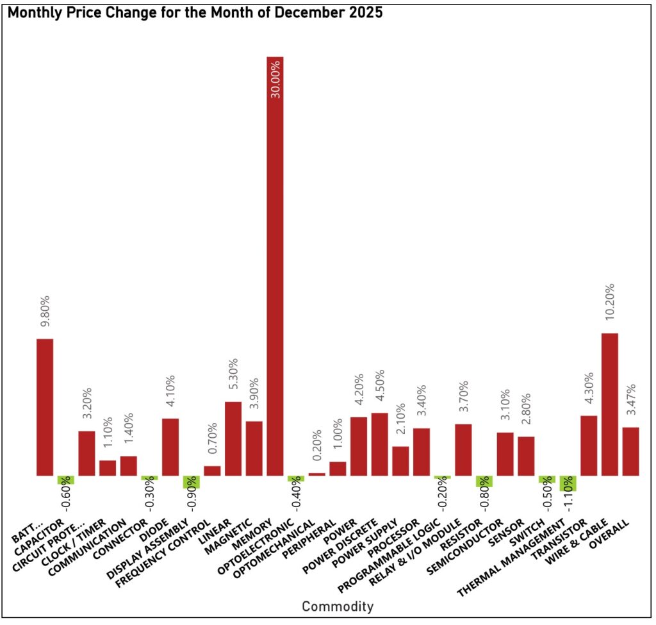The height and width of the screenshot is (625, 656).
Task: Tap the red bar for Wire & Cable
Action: (x=610, y=404)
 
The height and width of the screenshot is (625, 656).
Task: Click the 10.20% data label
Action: (x=610, y=304)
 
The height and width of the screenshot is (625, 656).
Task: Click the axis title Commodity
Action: (x=338, y=606)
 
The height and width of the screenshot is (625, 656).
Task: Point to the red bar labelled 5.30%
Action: (x=233, y=438)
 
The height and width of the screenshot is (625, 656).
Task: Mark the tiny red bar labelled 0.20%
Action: (x=317, y=474)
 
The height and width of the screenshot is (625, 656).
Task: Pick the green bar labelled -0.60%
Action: (x=66, y=480)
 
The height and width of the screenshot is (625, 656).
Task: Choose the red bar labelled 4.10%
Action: (x=170, y=447)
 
